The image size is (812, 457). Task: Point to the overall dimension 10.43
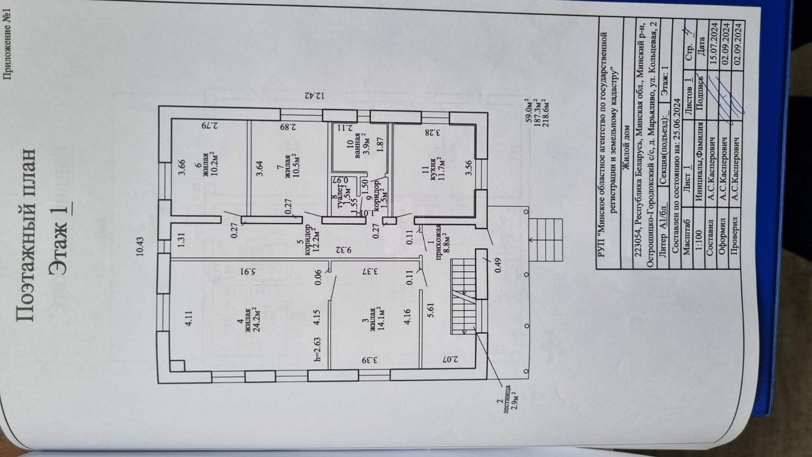pyautogui.click(x=140, y=246)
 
